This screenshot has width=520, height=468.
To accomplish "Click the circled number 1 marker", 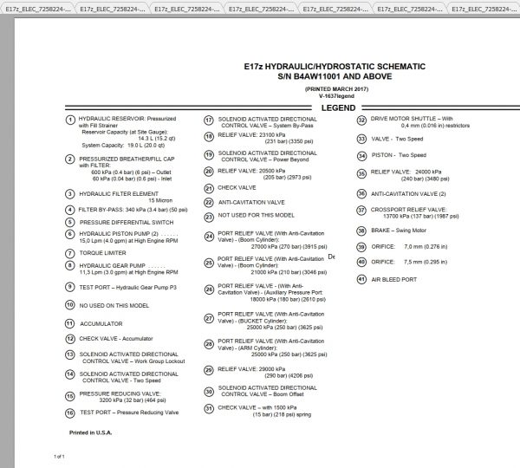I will [x=69, y=119].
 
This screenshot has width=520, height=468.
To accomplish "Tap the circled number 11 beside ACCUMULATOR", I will [x=69, y=323].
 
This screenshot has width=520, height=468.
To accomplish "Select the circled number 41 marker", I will [x=362, y=280].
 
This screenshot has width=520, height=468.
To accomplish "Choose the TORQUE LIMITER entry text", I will [x=101, y=253].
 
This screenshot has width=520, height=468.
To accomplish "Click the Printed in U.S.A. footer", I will [x=90, y=431].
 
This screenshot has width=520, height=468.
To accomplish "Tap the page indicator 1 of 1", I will [x=60, y=455].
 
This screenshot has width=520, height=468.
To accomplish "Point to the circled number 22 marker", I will [x=209, y=201].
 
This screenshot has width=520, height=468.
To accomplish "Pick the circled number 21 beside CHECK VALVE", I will [x=209, y=186].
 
